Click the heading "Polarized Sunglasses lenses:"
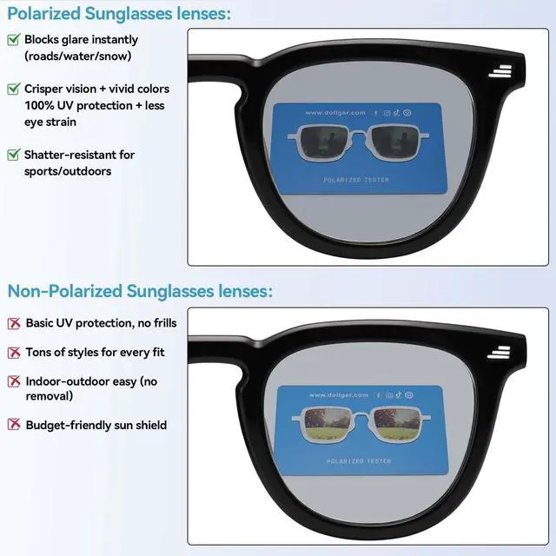pos(120,13)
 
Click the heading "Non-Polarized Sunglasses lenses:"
pos(140,291)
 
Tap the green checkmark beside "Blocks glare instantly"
pos(14,40)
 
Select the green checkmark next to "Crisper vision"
pos(14,89)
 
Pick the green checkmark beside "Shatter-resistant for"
pos(14,155)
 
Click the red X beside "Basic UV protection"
pos(14,323)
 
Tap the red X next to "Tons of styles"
pos(14,353)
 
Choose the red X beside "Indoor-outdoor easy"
pos(14,381)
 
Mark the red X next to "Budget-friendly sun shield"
pos(14,425)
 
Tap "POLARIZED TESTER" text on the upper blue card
pos(356,180)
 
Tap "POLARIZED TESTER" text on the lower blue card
pos(356,460)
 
